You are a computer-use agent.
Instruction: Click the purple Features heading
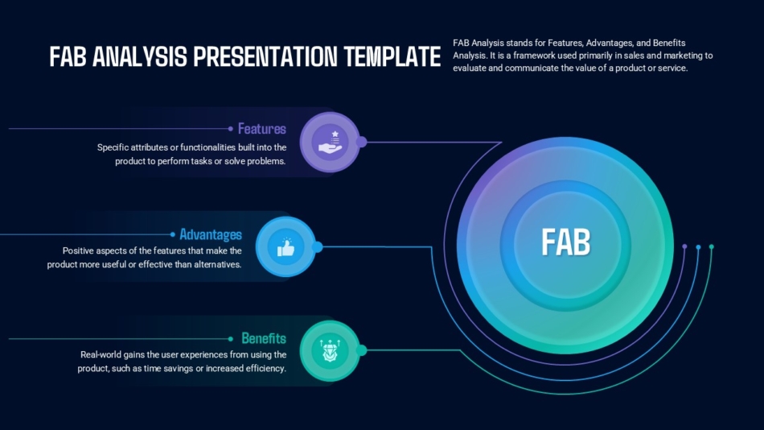coord(261,129)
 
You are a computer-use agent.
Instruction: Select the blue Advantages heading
coord(210,234)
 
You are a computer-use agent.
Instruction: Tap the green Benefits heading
coord(263,338)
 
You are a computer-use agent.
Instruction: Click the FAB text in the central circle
coord(565,242)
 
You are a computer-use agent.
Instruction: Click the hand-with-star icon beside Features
coord(330,142)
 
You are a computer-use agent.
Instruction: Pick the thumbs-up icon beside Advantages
coord(285,247)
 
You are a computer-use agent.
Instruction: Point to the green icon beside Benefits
coord(330,350)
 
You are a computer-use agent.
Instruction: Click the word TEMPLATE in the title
coord(392,57)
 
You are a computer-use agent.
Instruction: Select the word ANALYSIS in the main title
coord(142,57)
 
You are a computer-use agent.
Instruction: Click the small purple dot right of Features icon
coord(362,142)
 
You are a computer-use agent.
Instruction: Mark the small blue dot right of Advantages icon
coord(318,247)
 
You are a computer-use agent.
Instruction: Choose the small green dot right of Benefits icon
coord(362,350)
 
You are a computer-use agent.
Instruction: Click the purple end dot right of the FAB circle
coord(684,246)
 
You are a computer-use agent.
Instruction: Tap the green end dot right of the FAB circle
coord(711,246)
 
